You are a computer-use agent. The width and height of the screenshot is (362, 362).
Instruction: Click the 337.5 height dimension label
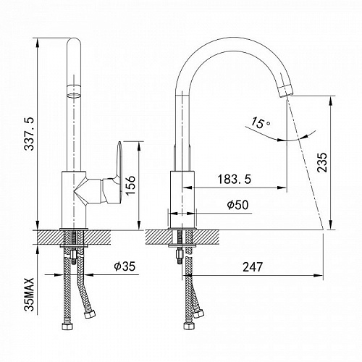30,134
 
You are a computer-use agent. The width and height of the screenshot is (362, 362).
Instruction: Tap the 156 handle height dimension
130,185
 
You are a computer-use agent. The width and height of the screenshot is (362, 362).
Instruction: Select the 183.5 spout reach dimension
234,179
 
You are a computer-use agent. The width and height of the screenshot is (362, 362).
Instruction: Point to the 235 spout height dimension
322,162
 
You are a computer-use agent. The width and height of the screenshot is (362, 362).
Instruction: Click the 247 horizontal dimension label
253,267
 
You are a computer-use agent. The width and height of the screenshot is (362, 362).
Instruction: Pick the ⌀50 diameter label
237,205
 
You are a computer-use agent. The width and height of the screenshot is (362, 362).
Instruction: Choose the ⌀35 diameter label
125,266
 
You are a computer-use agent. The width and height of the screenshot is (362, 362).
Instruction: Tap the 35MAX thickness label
30,294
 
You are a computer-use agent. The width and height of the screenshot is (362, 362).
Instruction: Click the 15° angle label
259,122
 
